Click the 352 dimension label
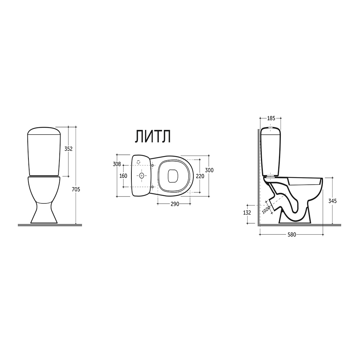point(68,149)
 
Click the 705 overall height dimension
point(76,189)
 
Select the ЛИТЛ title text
point(153,136)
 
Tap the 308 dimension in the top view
point(117,164)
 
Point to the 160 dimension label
point(123,176)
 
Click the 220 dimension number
point(200,176)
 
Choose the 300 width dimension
point(209,170)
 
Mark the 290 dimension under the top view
point(175,204)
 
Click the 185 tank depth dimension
point(271,118)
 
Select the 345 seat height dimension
point(332,201)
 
